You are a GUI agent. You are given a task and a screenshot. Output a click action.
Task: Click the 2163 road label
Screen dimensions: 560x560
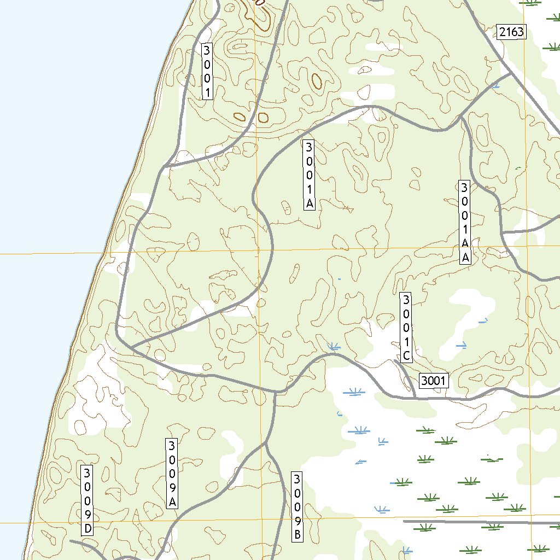[x=511, y=32]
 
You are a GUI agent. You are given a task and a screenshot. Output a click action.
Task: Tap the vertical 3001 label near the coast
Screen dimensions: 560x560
[x=207, y=71]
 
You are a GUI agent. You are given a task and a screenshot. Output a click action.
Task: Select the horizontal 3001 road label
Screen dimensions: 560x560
[x=434, y=381]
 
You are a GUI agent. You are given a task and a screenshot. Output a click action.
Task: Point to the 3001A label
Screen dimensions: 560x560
[x=309, y=175]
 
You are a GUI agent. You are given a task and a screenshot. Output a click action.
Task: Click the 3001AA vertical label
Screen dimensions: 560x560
[x=465, y=223]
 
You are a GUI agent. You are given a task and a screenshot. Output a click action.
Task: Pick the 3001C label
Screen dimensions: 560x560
[x=406, y=328]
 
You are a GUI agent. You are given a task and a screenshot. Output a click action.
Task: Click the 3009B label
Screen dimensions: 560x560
[x=297, y=507]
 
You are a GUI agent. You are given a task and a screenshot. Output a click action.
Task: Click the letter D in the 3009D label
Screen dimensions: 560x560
[x=87, y=529]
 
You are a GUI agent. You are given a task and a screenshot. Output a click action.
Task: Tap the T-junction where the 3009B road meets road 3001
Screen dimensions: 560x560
[x=275, y=392]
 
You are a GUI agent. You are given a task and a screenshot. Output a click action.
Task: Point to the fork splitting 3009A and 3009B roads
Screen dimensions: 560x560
[x=264, y=444]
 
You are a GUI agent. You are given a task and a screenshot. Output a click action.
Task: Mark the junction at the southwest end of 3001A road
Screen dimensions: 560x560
[x=132, y=347]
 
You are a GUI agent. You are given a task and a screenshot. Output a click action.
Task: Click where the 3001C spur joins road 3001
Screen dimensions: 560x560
[x=416, y=398]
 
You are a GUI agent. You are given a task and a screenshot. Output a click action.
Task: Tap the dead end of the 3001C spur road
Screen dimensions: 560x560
[x=395, y=360]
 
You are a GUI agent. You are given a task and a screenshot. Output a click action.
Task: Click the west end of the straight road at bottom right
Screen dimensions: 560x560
[x=404, y=522]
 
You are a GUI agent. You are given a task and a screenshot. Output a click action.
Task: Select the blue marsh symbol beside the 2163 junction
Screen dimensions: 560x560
[x=495, y=85]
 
